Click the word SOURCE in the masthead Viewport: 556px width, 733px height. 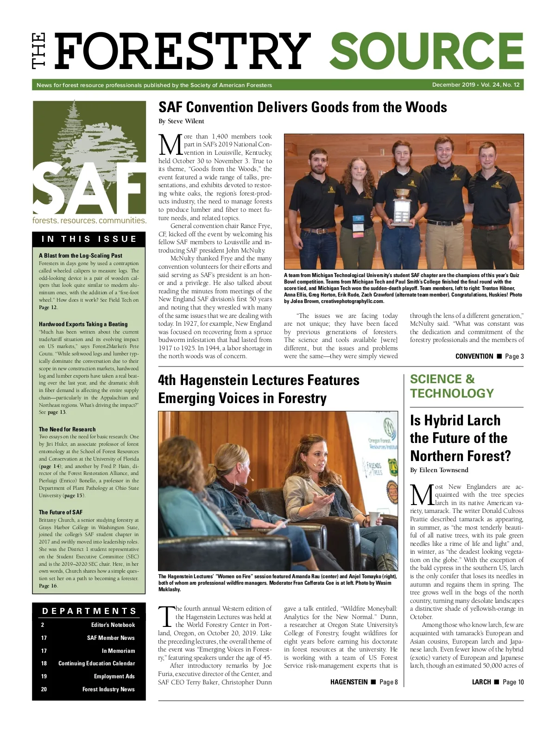tap(426, 51)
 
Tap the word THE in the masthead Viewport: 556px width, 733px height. tap(39, 51)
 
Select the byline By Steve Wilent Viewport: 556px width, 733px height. tap(181, 121)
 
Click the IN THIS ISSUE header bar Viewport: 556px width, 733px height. tap(89, 239)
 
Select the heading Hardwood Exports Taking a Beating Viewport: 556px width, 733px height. tap(83, 324)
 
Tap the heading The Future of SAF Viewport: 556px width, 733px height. tap(61, 512)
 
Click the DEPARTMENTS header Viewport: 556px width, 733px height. tap(89, 611)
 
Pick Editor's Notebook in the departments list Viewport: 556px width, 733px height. tap(113, 625)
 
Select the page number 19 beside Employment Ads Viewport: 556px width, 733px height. tap(44, 676)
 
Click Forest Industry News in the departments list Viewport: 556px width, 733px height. tap(108, 689)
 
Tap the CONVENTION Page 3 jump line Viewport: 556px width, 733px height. tap(489, 356)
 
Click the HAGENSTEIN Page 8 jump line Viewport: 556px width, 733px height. tap(364, 682)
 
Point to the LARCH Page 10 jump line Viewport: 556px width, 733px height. tap(498, 682)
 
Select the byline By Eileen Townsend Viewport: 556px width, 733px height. tap(439, 470)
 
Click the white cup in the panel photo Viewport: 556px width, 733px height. tap(374, 518)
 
